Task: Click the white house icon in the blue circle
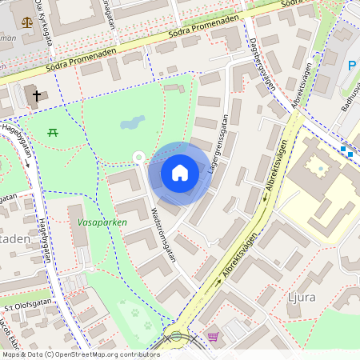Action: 180,172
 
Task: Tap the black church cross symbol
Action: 36,96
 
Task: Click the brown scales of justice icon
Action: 29,22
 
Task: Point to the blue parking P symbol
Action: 351,66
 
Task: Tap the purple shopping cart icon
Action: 212,337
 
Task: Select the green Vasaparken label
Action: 102,222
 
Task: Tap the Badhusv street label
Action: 349,104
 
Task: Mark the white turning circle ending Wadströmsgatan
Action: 138,157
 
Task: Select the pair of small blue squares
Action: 346,150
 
